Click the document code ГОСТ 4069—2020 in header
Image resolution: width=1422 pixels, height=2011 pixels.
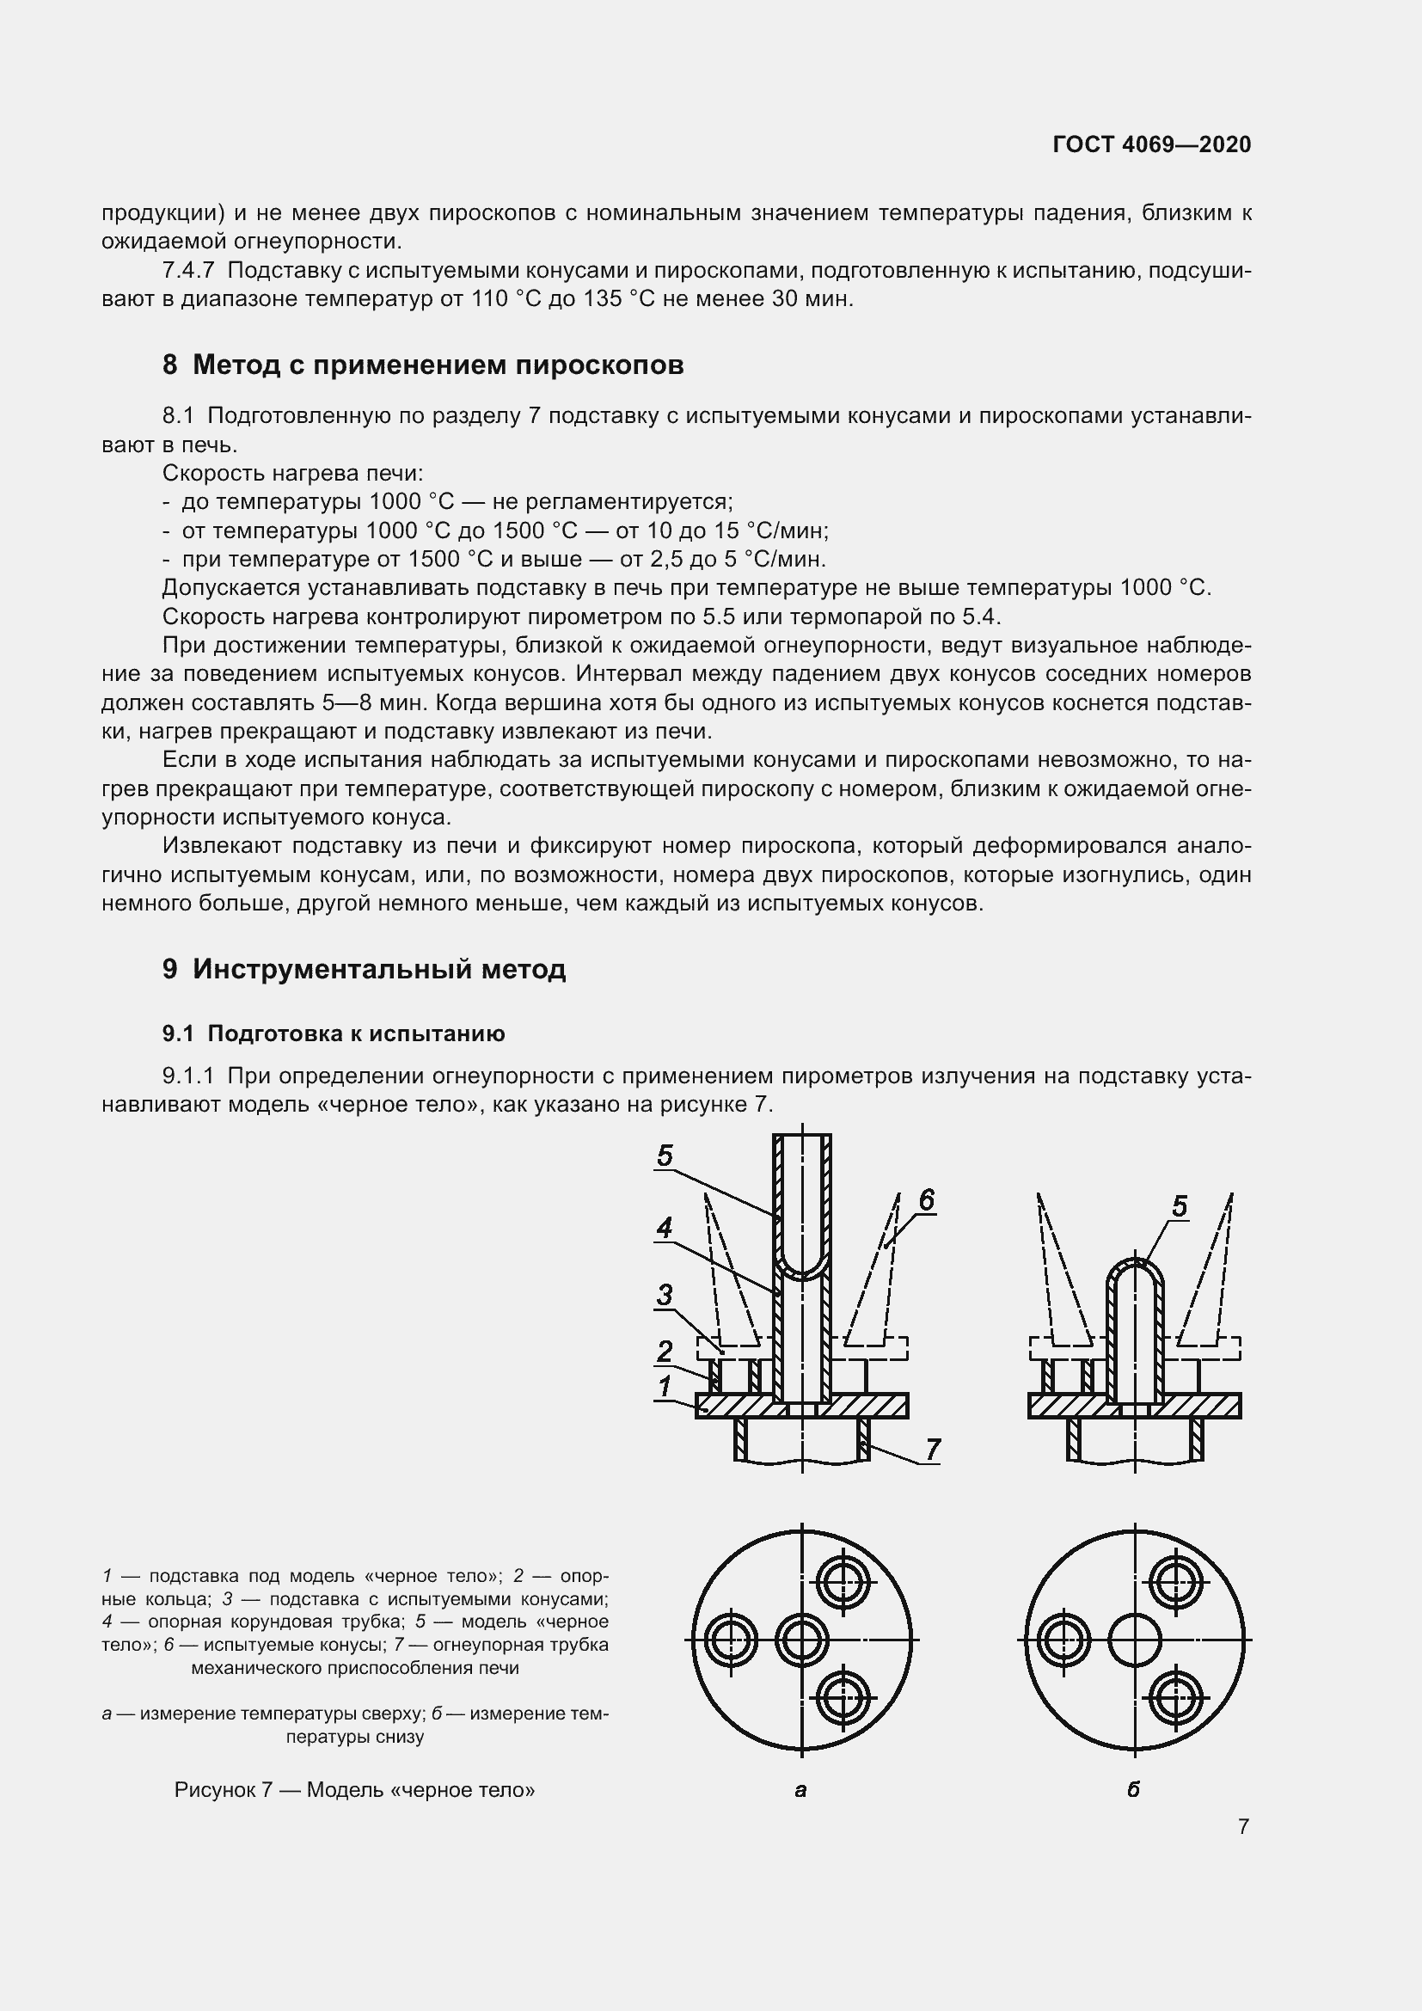pos(1151,144)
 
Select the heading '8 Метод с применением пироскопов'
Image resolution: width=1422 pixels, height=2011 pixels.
pos(423,365)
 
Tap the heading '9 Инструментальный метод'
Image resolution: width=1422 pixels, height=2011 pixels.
pos(365,969)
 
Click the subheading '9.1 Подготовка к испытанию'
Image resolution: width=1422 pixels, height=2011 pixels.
pos(334,1033)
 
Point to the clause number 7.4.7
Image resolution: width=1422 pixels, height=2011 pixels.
pos(188,271)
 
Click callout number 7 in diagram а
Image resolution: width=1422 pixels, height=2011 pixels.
pos(933,1449)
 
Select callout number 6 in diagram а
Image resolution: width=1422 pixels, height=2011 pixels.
pos(928,1199)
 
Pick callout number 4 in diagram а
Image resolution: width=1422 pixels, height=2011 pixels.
pos(665,1228)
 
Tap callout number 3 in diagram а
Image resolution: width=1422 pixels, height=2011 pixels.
pos(665,1295)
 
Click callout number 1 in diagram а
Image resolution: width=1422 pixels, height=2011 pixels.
pos(665,1386)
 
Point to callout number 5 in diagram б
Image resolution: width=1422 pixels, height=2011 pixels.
pos(1180,1207)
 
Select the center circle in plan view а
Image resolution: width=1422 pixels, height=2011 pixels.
pos(802,1640)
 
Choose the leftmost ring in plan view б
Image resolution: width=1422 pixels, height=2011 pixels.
pos(1063,1640)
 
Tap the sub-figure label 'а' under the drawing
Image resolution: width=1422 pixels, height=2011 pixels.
pos(800,1789)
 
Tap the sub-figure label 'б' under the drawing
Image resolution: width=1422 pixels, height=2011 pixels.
pos(1134,1789)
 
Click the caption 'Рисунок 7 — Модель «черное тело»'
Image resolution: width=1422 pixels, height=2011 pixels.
pos(354,1789)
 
